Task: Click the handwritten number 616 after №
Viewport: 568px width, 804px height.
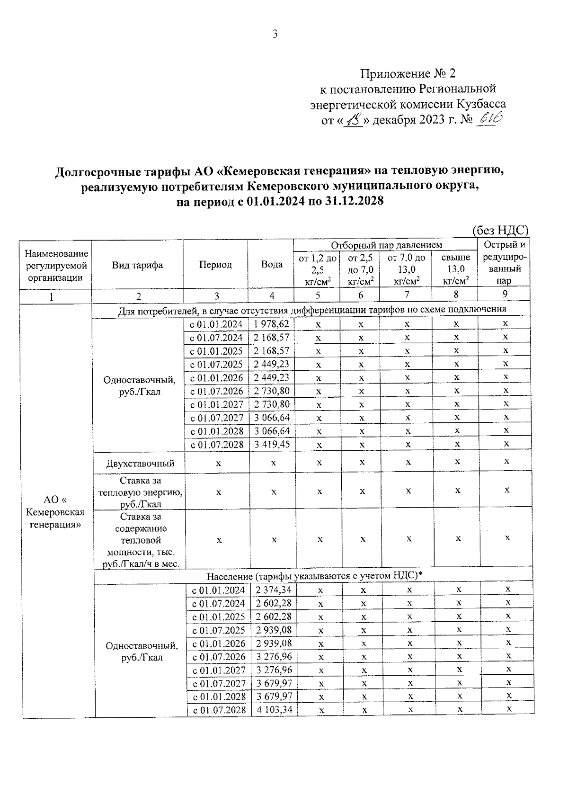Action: (x=490, y=119)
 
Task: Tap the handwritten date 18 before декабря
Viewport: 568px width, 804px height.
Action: (x=354, y=120)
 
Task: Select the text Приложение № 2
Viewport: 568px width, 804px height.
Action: (x=408, y=73)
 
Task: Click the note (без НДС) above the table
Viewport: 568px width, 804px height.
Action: (x=500, y=231)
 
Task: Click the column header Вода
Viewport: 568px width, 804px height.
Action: (x=272, y=265)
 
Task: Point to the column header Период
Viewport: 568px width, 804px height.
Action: (x=215, y=265)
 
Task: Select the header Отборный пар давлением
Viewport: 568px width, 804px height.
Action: (x=386, y=245)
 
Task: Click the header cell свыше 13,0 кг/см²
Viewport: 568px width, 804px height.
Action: (x=456, y=269)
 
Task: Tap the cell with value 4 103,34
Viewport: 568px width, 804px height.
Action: (x=274, y=709)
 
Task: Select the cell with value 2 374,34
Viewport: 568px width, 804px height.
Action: (x=274, y=590)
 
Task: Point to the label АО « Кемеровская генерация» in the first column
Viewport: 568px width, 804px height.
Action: (x=56, y=512)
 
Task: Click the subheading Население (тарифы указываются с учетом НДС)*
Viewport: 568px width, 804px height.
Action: (x=314, y=576)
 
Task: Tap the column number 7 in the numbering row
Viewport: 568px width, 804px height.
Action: (x=407, y=295)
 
